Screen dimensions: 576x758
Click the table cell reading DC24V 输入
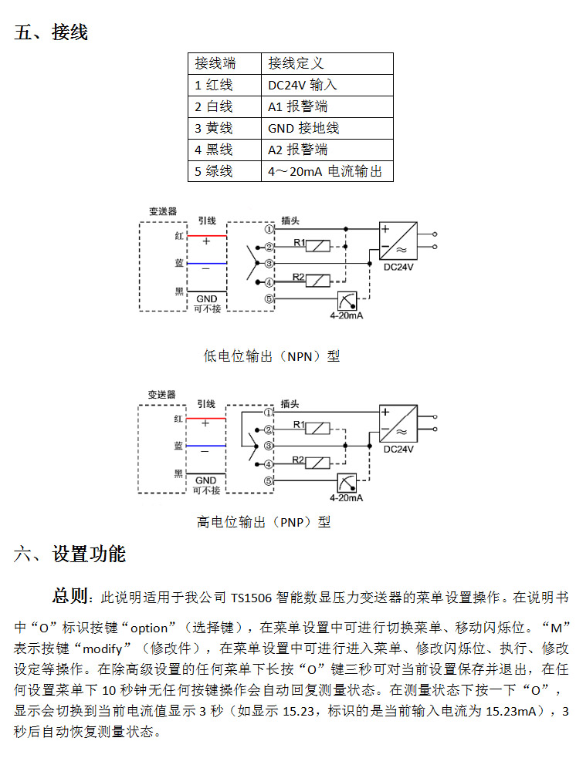point(327,85)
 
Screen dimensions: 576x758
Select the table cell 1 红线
point(225,85)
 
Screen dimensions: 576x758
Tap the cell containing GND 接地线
point(327,128)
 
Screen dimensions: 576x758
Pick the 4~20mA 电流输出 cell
point(327,171)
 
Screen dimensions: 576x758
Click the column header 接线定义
point(327,63)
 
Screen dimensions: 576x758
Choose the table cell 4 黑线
point(225,150)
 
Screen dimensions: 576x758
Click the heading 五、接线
point(51,32)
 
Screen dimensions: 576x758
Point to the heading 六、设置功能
point(69,554)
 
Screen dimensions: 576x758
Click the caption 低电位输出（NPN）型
point(272,356)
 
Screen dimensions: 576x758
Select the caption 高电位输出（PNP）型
point(264,522)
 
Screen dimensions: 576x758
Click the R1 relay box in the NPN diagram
point(318,246)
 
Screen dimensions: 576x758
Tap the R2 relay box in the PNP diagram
point(317,463)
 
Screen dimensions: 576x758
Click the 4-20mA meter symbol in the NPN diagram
point(347,301)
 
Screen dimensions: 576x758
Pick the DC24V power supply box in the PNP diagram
point(398,423)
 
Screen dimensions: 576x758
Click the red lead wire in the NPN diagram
point(207,236)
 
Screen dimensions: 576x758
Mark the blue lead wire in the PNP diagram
point(205,446)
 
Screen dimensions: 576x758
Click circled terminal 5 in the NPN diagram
point(269,298)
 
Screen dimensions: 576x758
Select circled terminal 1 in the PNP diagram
point(269,413)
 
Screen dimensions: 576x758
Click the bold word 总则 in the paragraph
point(69,596)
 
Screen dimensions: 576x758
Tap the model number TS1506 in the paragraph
point(251,598)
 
